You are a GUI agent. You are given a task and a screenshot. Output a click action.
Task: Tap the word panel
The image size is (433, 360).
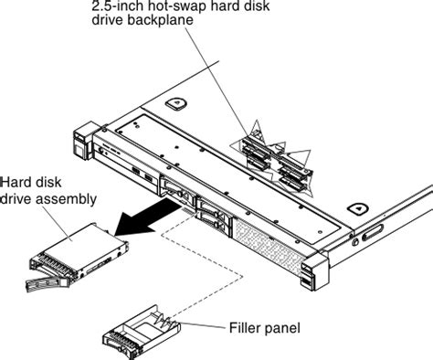tap(282, 326)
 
